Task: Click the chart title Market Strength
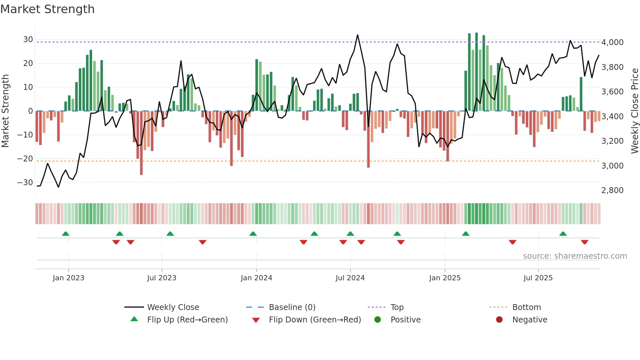click(x=47, y=9)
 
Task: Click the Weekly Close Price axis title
click(x=634, y=111)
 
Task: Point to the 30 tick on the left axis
click(x=28, y=40)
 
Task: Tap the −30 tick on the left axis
click(x=25, y=183)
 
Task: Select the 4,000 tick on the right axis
click(x=612, y=42)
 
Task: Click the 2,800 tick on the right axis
click(x=612, y=190)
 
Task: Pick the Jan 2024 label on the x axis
click(x=256, y=278)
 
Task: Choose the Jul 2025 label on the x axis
click(x=538, y=278)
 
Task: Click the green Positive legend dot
click(x=377, y=320)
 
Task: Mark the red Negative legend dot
click(x=499, y=320)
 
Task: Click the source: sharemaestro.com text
click(x=575, y=256)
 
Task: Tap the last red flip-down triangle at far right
click(x=584, y=242)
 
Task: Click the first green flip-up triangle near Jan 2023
click(x=66, y=234)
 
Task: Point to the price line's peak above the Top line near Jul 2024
click(x=358, y=35)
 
